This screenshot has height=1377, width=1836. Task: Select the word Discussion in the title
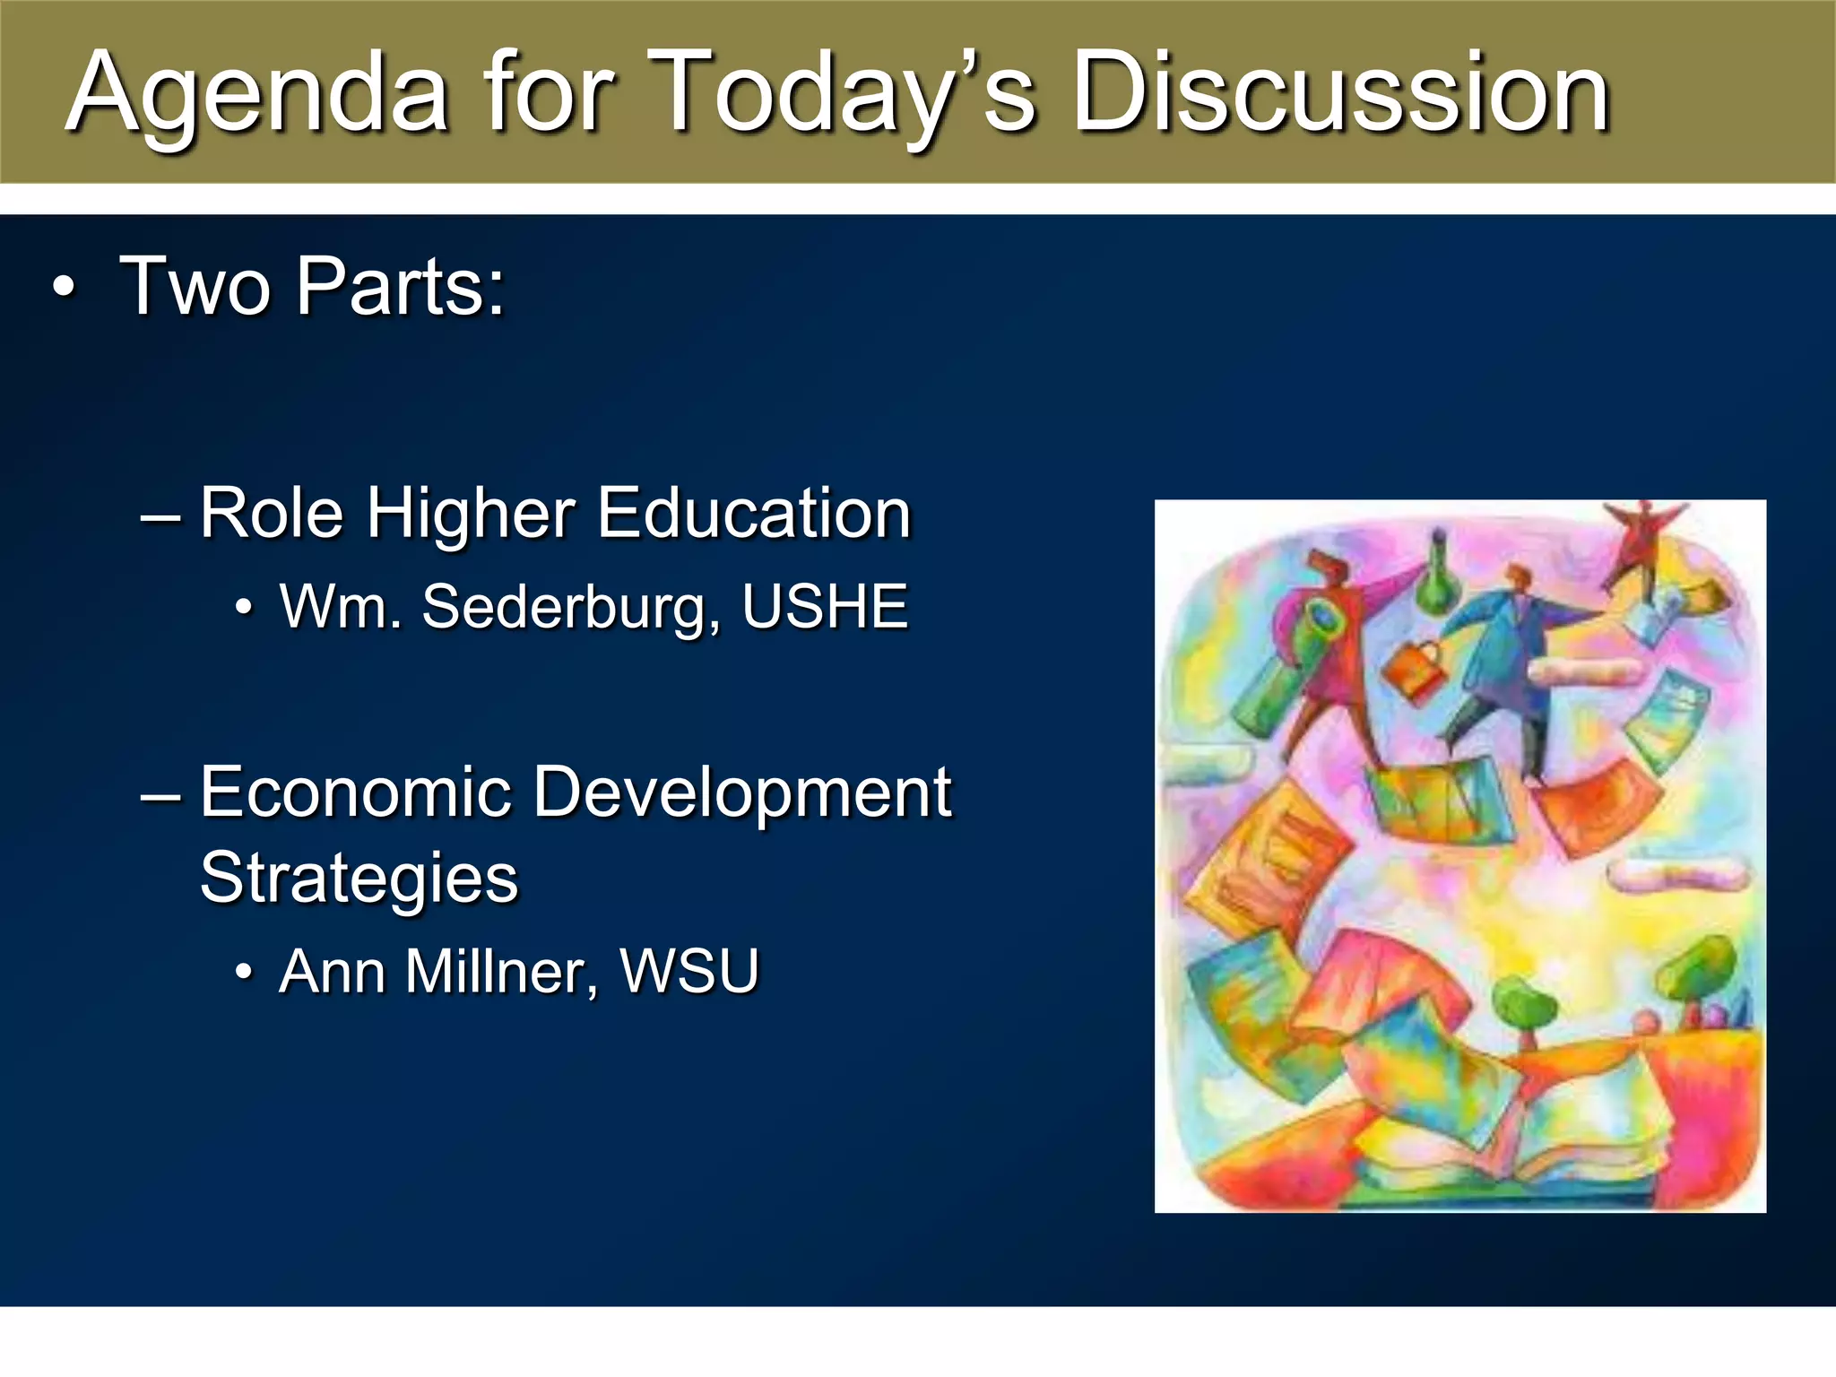pos(1341,94)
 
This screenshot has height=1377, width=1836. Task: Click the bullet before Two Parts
pos(63,289)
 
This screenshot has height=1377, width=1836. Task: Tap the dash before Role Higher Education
pos(160,516)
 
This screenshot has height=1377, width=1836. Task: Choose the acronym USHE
pos(825,607)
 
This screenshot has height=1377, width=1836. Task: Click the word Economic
pos(355,792)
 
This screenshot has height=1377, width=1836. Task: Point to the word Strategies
pos(359,879)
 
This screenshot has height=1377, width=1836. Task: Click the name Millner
pos(501,972)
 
